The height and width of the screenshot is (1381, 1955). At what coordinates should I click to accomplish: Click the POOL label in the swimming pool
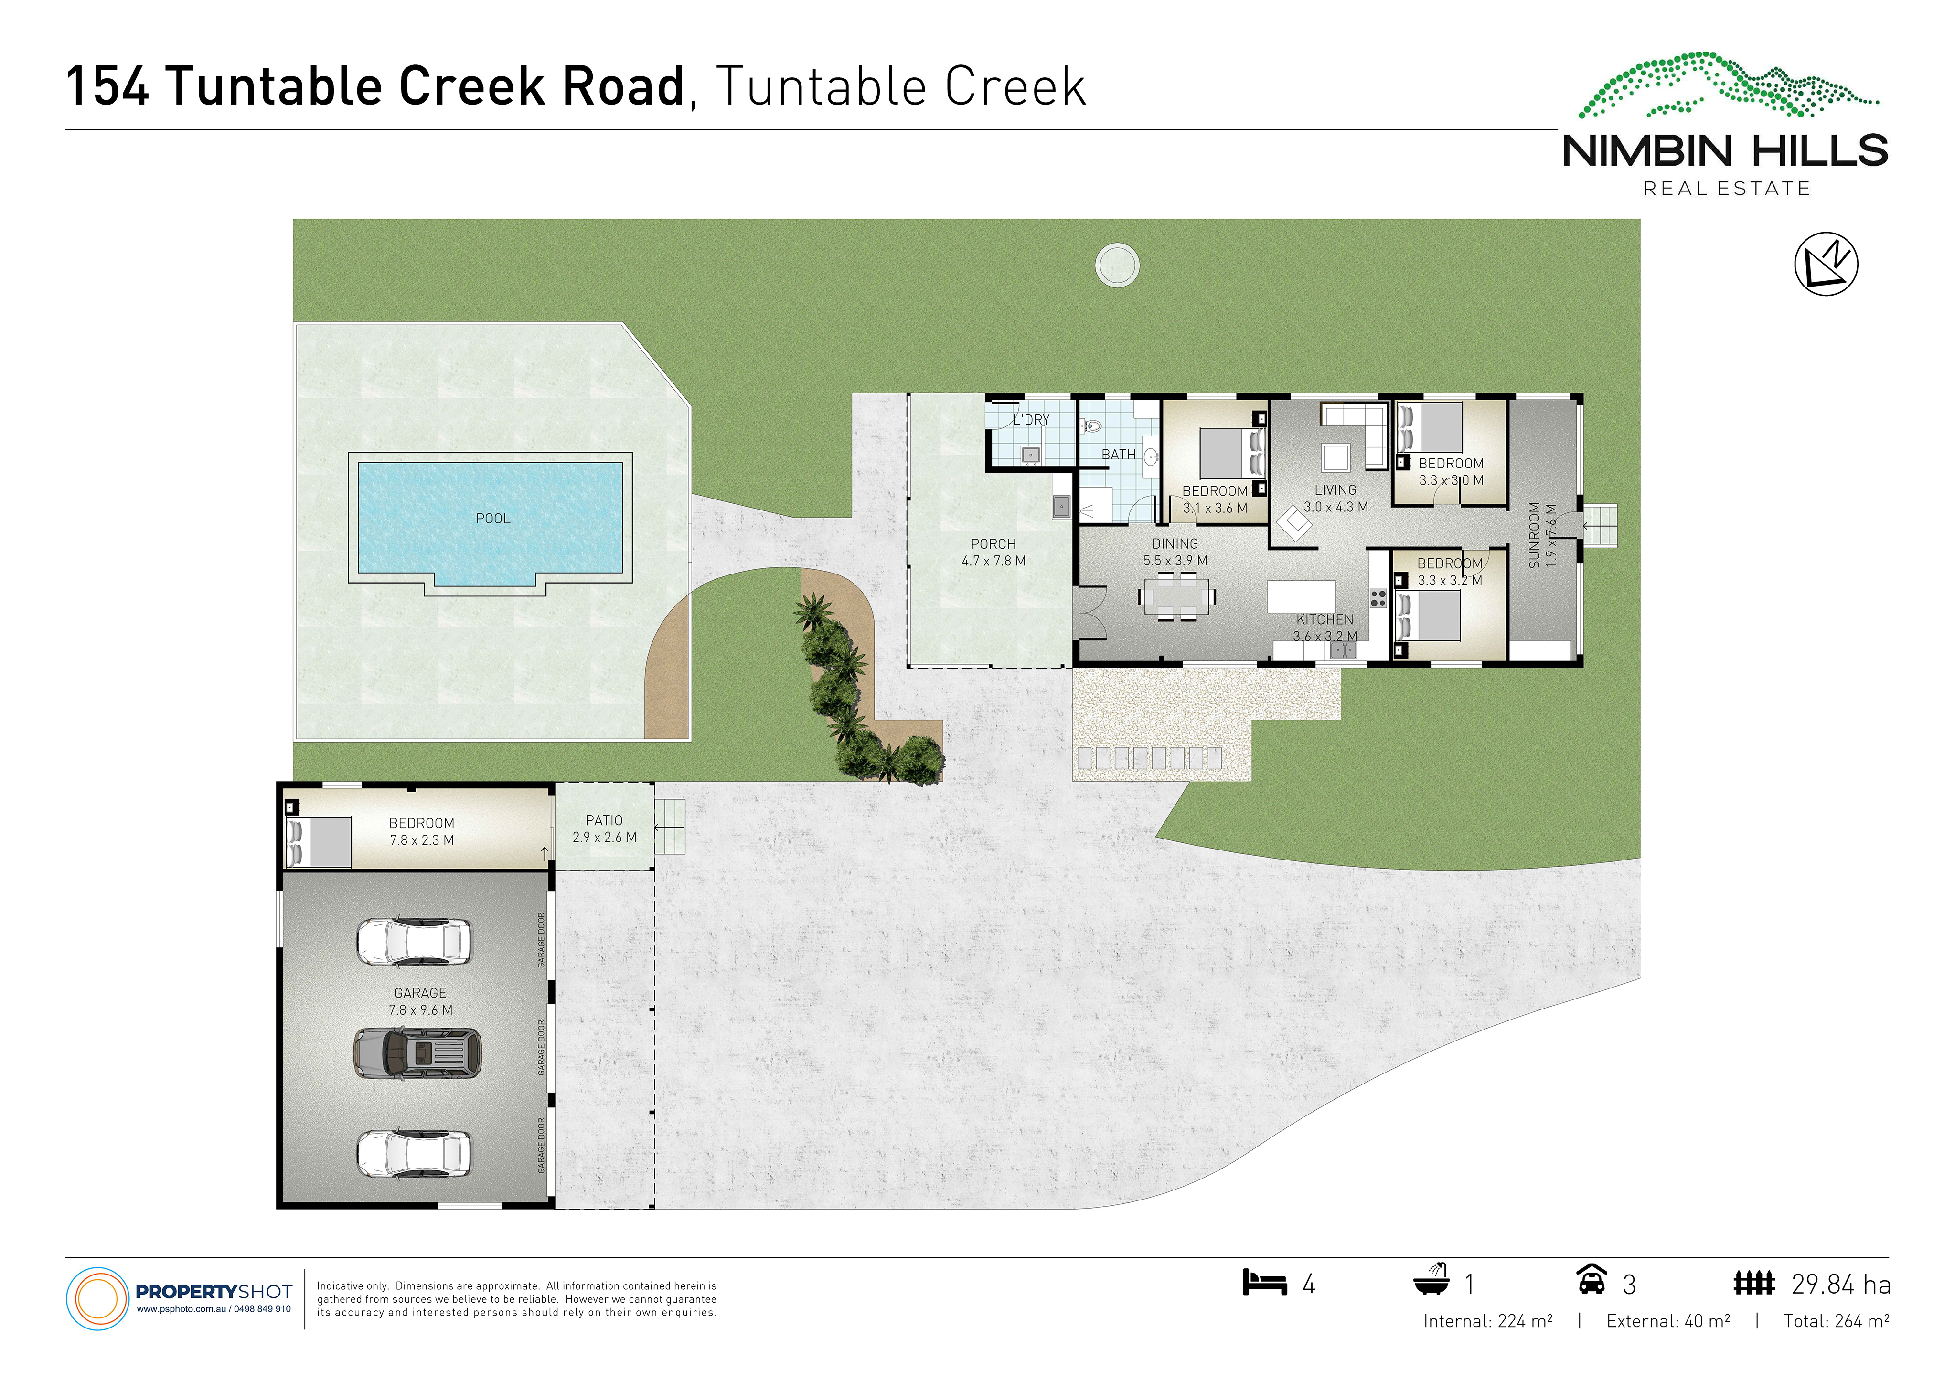point(493,519)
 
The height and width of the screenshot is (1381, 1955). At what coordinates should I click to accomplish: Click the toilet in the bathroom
point(1091,425)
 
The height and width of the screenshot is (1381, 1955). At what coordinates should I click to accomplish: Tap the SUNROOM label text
point(1534,535)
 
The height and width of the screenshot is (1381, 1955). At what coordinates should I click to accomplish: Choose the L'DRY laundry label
point(1031,420)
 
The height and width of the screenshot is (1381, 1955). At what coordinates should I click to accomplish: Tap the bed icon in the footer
point(1264,1282)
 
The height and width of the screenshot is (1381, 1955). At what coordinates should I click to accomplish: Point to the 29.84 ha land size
point(1841,1284)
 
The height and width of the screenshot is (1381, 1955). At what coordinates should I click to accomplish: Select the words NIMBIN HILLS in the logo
point(1725,151)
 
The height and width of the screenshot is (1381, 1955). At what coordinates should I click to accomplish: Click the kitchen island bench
point(1301,596)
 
